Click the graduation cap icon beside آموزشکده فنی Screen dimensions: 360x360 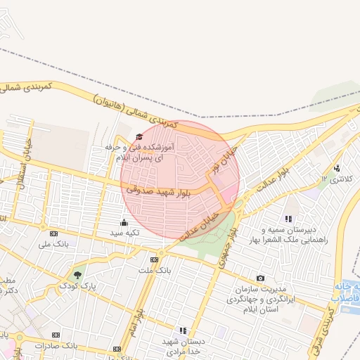pos(139,137)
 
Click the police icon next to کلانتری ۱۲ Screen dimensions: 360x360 pos(337,168)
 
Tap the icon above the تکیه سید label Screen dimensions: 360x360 pos(124,222)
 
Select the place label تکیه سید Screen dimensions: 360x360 pos(129,232)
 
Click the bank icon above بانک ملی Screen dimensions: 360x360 pos(54,233)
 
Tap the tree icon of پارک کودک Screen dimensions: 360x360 pos(77,274)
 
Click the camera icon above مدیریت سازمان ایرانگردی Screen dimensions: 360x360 pos(261,278)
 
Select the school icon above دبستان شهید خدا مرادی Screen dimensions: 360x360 pos(184,330)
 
